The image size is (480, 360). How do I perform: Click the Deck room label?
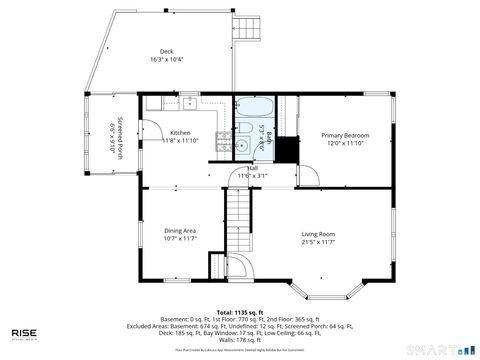[x=166, y=57]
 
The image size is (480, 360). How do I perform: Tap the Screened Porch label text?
[x=118, y=139]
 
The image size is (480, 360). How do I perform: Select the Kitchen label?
[x=180, y=136]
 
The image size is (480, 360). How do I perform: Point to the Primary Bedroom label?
[x=344, y=138]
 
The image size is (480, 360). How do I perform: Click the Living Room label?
[x=318, y=237]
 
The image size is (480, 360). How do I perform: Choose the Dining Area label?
[x=180, y=234]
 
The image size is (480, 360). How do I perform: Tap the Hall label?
[x=253, y=169]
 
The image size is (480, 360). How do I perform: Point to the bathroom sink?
[x=243, y=146]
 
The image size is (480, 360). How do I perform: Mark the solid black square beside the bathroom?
[x=286, y=149]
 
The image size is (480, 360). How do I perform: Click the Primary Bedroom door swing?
[x=311, y=176]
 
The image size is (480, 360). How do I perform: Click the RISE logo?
[x=25, y=334]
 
